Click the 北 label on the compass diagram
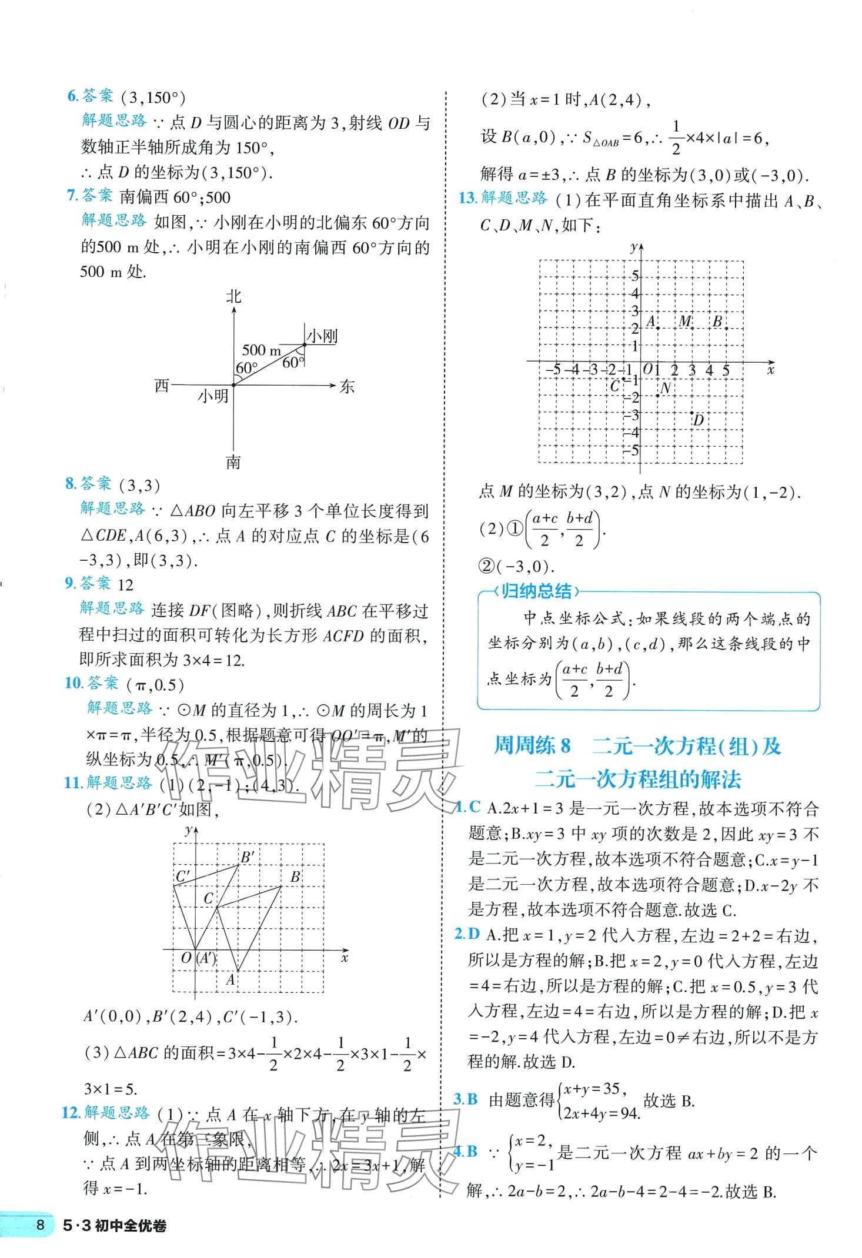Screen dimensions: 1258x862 point(233,296)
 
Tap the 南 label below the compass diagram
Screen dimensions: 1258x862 point(233,463)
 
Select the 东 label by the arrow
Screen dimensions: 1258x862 point(347,386)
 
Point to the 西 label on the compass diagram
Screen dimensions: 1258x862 point(162,386)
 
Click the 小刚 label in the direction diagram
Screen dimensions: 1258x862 point(322,336)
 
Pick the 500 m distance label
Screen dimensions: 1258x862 point(262,350)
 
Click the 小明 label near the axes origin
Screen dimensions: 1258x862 point(213,397)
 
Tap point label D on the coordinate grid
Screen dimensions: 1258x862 point(698,420)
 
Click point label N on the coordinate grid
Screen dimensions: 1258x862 point(666,388)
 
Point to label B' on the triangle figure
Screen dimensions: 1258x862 point(247,857)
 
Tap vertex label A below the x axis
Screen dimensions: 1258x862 point(231,979)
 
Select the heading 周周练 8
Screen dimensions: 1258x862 point(532,746)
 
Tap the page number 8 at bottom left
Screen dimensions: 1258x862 point(40,1242)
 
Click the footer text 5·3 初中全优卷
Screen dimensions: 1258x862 point(114,1242)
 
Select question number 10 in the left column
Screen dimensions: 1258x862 point(73,682)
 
